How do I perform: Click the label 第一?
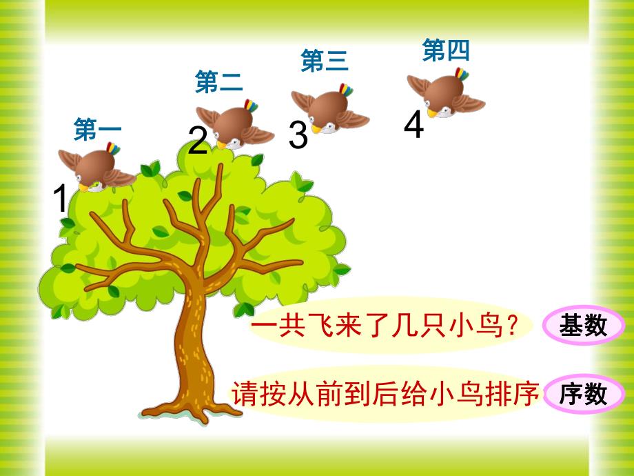pos(97,130)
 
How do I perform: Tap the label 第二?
pos(219,82)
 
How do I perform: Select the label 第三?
pos(325,61)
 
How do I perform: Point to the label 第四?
pos(445,50)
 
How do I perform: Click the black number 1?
pos(61,200)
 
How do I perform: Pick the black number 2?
pos(198,141)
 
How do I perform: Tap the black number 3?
pos(298,136)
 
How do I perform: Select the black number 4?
pos(413,126)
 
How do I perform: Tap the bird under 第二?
pos(234,124)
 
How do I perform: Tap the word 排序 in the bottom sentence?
pos(511,394)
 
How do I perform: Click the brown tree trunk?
pos(186,345)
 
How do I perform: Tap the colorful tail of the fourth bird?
pos(461,74)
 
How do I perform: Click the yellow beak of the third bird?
pos(316,129)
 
